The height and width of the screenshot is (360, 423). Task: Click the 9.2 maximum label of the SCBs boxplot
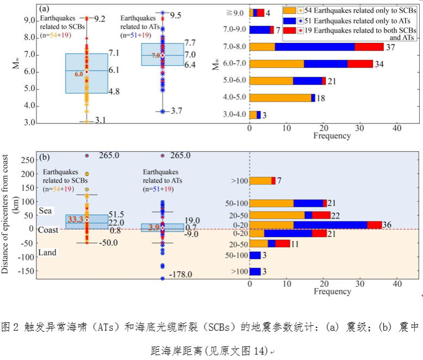[x=99, y=19]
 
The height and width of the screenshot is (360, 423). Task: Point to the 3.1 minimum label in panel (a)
[x=99, y=120]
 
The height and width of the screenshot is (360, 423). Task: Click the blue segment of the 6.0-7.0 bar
[x=326, y=64]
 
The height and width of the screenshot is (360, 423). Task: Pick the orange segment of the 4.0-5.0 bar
[x=280, y=98]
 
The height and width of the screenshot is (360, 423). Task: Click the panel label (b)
[x=46, y=158]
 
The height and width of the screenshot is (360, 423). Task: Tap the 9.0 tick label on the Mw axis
[x=30, y=21]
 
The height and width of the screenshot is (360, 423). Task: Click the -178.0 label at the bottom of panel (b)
[x=181, y=275]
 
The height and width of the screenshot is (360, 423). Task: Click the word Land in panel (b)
[x=48, y=252]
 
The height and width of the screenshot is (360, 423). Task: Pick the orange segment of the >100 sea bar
[x=260, y=181]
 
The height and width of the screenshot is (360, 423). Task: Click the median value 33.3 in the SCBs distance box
[x=74, y=220]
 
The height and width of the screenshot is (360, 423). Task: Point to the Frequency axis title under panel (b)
[x=332, y=291]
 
